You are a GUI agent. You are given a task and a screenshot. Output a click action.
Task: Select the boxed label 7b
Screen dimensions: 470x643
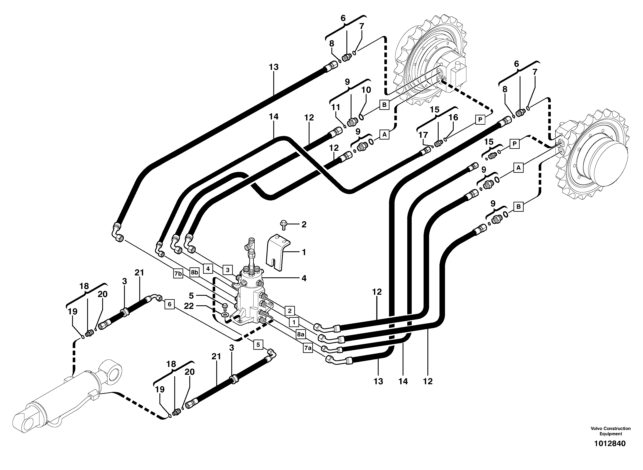pos(178,274)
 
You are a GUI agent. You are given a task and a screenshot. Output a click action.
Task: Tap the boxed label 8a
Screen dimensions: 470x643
pos(301,334)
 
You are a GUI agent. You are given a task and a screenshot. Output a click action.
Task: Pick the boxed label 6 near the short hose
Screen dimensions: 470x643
pos(169,304)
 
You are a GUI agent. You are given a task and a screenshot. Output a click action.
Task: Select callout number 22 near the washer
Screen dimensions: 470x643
pos(189,306)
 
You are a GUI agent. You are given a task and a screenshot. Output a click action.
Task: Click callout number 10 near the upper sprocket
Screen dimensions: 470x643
pos(366,90)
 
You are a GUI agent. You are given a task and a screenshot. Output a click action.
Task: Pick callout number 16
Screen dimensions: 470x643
pos(453,117)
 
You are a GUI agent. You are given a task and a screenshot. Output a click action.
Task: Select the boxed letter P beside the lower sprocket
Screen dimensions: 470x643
pos(515,144)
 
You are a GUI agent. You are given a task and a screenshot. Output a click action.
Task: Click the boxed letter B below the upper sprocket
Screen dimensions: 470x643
pos(384,105)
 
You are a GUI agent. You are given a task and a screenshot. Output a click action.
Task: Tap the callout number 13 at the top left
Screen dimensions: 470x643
pos(273,67)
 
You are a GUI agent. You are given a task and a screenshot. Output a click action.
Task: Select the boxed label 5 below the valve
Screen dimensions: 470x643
pos(258,345)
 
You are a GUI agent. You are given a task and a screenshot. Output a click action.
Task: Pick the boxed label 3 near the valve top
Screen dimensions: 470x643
pos(227,270)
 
